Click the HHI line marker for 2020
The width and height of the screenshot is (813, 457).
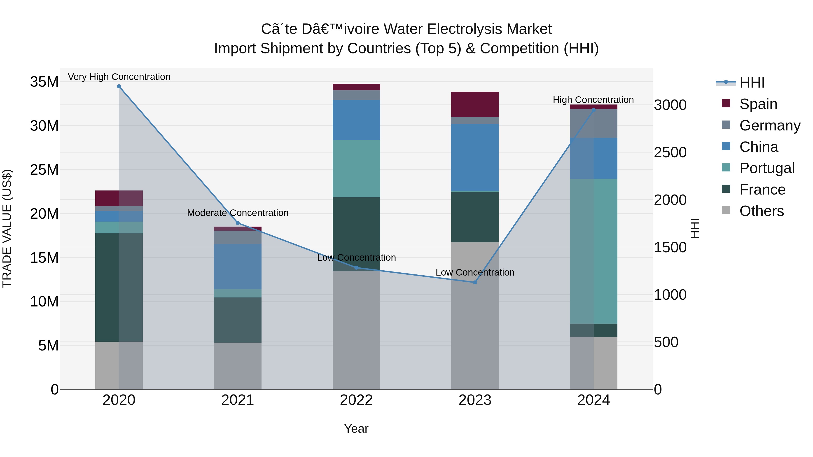[119, 86]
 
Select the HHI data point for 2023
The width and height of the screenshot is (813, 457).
[475, 282]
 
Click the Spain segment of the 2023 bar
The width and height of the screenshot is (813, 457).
[475, 104]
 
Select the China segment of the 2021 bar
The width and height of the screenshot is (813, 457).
[238, 267]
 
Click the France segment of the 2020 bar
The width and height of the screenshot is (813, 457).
[107, 287]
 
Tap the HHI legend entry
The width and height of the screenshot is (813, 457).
[751, 83]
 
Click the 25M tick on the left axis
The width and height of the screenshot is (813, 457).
[44, 170]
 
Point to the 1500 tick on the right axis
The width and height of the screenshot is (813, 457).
[670, 248]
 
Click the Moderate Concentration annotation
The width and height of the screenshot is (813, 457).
[238, 213]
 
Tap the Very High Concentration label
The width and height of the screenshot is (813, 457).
[119, 77]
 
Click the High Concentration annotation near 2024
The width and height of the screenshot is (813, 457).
[593, 100]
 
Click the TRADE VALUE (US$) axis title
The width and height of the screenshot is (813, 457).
[7, 228]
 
